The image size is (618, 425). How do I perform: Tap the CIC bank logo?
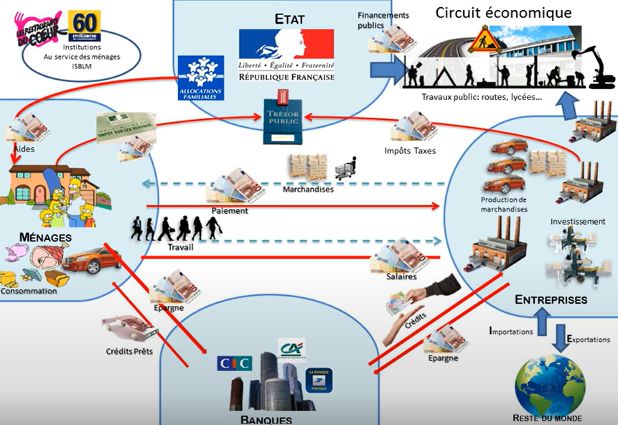tap(234, 363)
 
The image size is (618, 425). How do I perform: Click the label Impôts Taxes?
tap(410, 151)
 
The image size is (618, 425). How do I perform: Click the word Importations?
tap(510, 332)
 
